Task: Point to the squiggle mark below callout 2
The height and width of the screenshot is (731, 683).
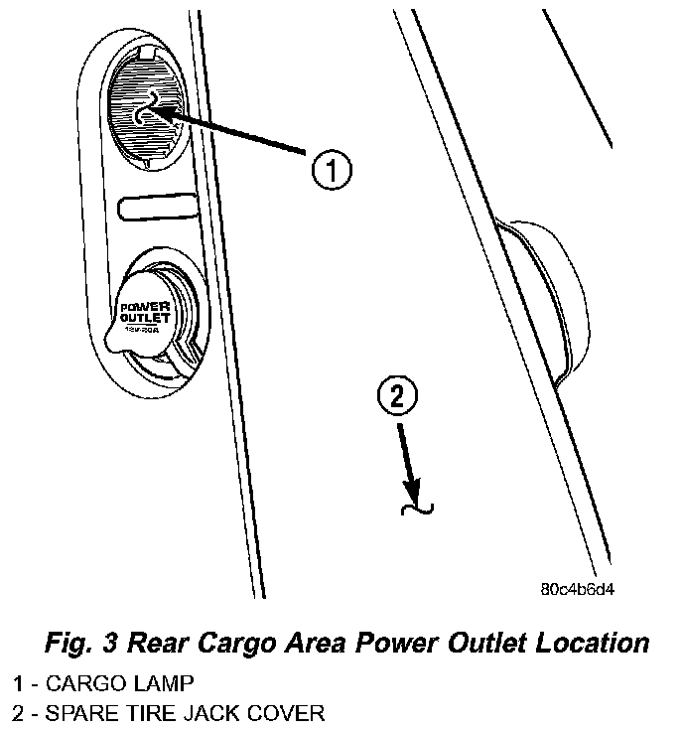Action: pyautogui.click(x=416, y=510)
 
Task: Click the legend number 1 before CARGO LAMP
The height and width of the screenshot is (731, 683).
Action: pyautogui.click(x=17, y=683)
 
